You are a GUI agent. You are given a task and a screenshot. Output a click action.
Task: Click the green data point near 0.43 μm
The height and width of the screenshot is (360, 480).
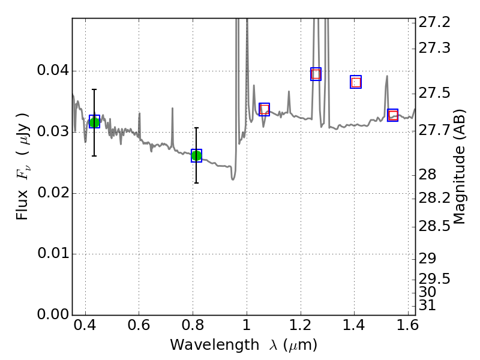point(94,122)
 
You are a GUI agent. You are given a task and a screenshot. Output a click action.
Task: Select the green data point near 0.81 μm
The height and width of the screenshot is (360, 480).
point(196,156)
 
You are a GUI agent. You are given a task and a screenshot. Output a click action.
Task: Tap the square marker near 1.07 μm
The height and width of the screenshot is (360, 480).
point(265,109)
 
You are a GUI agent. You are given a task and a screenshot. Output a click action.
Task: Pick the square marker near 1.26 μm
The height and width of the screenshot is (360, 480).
point(316,74)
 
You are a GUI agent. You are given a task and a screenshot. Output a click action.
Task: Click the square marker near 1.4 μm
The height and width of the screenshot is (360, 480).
point(356,82)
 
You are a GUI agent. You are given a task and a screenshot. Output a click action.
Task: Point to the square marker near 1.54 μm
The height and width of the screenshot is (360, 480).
point(393,115)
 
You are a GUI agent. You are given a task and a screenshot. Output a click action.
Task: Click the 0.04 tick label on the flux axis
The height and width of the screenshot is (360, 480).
point(52,71)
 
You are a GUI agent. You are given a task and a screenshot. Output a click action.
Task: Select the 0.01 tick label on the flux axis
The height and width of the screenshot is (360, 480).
point(52,254)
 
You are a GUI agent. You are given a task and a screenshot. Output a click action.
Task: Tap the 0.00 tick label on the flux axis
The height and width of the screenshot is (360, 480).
point(52,314)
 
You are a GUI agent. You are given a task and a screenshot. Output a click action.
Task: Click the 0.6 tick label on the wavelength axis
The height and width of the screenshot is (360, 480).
point(139,327)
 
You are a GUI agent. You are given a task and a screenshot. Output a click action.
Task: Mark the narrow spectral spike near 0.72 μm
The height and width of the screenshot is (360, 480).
point(172,110)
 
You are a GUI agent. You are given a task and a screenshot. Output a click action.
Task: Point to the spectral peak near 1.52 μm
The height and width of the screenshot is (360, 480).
point(387,77)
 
